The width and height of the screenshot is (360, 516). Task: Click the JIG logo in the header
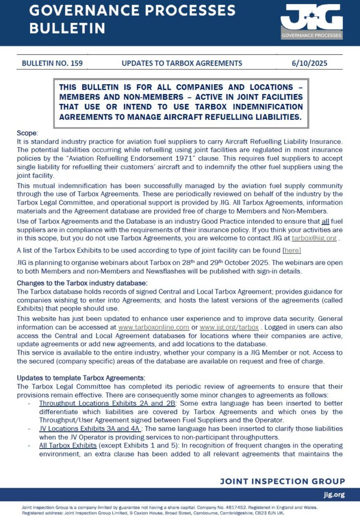(x=311, y=21)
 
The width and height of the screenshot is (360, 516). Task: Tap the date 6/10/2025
(x=309, y=63)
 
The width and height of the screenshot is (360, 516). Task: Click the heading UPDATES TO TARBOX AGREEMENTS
(x=182, y=63)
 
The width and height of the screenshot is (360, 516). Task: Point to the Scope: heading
(x=27, y=133)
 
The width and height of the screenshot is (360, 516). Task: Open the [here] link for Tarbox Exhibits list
(x=292, y=250)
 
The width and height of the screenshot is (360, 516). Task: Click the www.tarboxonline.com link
(x=154, y=327)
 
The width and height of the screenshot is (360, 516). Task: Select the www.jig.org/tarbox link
(x=232, y=327)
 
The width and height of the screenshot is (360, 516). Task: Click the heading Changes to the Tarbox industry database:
(x=82, y=283)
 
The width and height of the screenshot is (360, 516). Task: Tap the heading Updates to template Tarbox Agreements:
(x=81, y=378)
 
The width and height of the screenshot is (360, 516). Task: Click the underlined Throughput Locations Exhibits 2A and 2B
(x=106, y=404)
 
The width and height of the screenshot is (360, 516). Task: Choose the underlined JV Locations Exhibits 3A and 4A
(x=91, y=428)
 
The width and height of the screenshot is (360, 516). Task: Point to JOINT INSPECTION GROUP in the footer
(x=282, y=481)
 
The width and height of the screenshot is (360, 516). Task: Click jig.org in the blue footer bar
(x=334, y=495)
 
